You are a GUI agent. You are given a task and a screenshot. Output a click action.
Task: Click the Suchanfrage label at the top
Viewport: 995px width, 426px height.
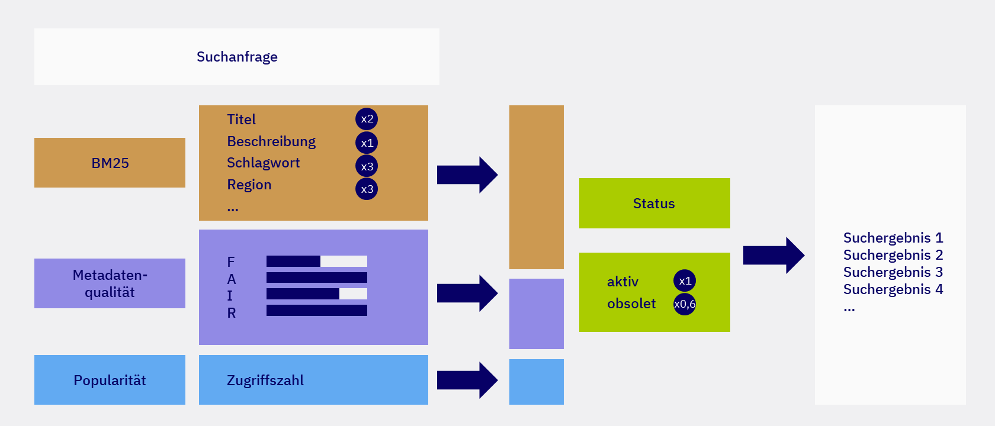(x=237, y=57)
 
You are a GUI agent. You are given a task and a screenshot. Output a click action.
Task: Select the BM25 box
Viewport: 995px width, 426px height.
(x=110, y=163)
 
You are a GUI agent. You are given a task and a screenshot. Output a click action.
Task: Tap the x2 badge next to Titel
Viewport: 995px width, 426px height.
(x=367, y=119)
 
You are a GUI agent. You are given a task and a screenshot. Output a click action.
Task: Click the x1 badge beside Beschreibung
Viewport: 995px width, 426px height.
(x=367, y=143)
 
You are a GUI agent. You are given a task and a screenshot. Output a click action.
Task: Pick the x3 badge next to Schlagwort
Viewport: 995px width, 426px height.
(x=367, y=166)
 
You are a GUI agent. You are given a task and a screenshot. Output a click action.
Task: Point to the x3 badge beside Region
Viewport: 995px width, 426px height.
(x=367, y=189)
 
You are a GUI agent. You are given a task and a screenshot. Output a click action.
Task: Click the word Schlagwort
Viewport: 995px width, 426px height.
(x=263, y=163)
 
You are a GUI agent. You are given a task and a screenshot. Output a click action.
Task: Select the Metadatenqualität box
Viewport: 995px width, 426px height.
(x=110, y=283)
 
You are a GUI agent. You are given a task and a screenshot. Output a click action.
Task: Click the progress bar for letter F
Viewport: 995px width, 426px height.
(x=316, y=262)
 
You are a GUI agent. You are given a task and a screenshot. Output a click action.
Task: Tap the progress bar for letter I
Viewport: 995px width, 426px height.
(x=316, y=294)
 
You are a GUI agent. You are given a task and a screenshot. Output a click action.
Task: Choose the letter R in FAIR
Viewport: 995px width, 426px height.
(x=232, y=313)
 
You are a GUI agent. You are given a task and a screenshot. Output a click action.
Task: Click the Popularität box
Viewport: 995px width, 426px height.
(x=110, y=380)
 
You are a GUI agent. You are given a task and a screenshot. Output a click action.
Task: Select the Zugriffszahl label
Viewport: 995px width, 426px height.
(x=265, y=380)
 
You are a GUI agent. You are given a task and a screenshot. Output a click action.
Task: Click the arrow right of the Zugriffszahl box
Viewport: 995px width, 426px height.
(x=467, y=380)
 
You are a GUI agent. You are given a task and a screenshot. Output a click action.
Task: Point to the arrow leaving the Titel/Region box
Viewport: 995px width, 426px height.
(x=467, y=175)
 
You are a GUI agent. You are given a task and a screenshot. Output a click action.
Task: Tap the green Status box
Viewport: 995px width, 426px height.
(x=654, y=204)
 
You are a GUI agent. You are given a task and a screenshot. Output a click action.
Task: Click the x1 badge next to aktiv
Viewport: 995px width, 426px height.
(x=685, y=281)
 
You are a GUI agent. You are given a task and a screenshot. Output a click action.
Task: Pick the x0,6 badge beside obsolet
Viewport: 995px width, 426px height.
(x=685, y=304)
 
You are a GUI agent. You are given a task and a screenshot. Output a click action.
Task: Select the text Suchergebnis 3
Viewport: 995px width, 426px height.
(x=893, y=272)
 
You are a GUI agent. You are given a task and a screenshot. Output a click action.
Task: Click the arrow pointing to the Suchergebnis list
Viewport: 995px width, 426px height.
(x=773, y=255)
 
